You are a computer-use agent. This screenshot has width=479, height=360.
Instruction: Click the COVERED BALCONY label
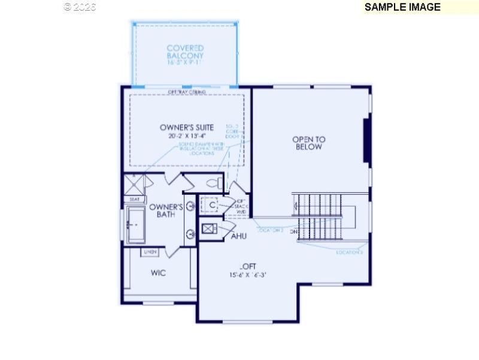(185, 52)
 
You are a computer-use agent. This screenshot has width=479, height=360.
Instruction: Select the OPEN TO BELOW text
(308, 143)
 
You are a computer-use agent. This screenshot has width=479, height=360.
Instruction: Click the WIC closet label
(158, 273)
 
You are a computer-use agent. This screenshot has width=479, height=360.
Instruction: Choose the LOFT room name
(248, 267)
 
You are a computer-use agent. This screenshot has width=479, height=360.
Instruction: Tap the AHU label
(239, 236)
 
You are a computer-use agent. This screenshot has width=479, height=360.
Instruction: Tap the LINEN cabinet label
(150, 252)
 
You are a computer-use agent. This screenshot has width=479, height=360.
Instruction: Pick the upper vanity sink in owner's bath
(190, 207)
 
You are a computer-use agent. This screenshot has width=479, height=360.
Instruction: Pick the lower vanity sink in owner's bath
(190, 235)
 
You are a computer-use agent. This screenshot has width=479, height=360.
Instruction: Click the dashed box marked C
(211, 205)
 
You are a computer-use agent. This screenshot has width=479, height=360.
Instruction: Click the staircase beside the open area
(324, 216)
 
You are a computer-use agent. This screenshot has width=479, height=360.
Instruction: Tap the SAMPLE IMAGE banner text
(402, 7)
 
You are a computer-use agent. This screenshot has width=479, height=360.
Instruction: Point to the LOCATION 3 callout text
(349, 253)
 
